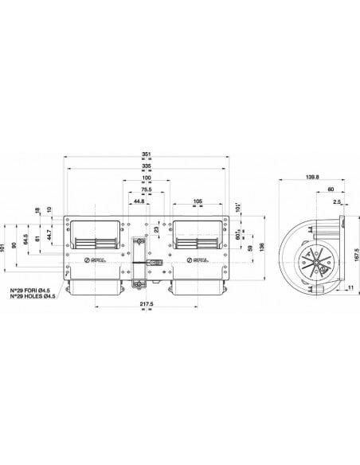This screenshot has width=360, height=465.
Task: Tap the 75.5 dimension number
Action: pos(147,190)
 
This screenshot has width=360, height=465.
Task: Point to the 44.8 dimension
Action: pos(139,202)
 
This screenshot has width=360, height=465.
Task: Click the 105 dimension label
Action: pos(197,202)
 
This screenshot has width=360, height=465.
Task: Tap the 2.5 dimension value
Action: pos(337,202)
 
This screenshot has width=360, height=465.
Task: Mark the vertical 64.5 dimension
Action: pos(26,237)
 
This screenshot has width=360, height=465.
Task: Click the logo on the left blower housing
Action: pos(92,260)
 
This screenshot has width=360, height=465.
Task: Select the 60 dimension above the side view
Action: pos(331,190)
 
